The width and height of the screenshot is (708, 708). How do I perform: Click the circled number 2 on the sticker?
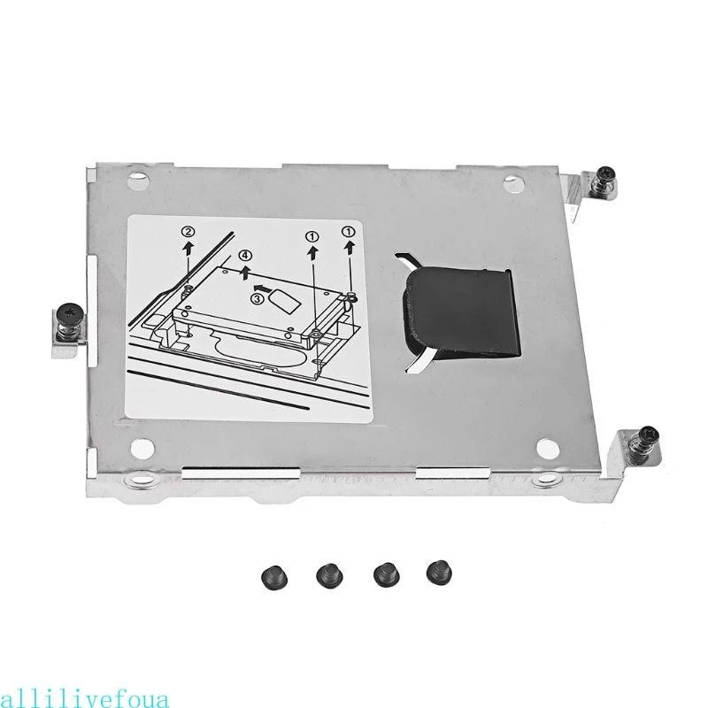coord(189,233)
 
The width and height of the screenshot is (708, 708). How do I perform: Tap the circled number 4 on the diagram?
coord(245,256)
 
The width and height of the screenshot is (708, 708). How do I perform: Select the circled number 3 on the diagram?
coord(257,298)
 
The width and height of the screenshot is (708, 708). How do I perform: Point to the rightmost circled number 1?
coord(349,231)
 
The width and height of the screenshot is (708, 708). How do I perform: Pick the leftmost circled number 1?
coord(312,235)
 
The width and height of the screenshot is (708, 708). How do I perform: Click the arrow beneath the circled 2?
coord(189,249)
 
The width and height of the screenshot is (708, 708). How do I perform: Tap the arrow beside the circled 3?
coord(261,287)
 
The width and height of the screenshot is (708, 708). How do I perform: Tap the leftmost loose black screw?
coord(274,577)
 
